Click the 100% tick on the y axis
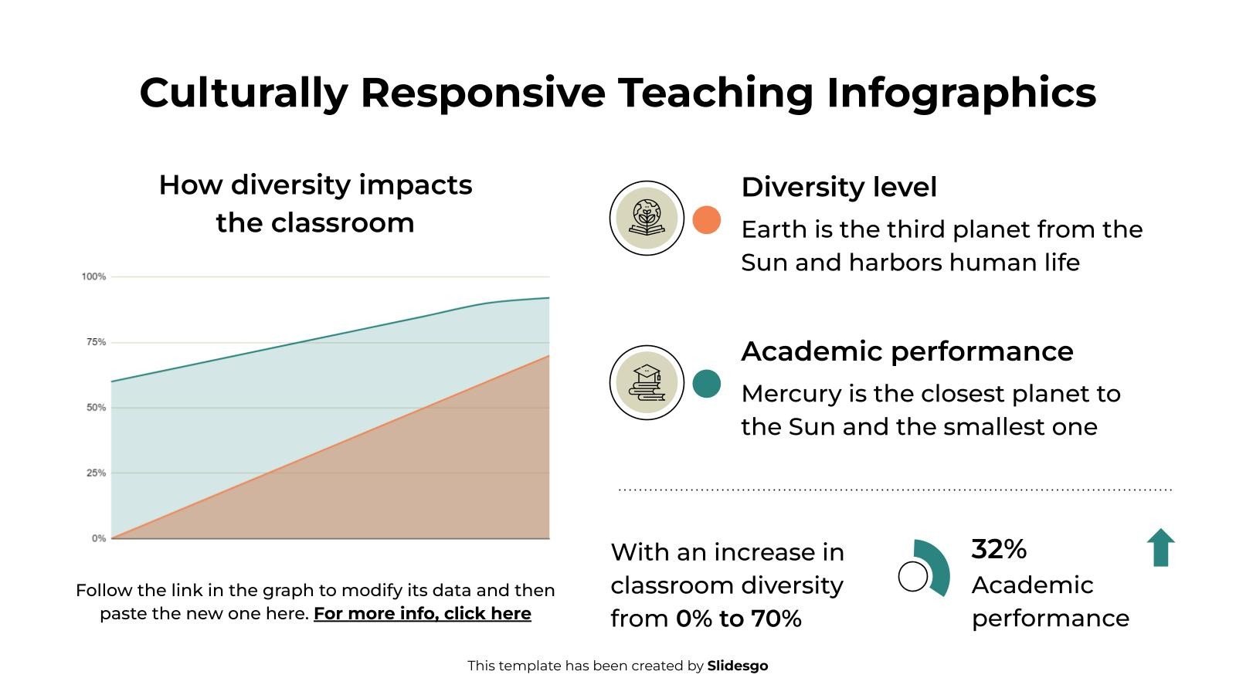click(x=93, y=276)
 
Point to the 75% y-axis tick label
click(x=96, y=342)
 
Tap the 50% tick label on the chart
click(x=96, y=407)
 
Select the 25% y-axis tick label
click(x=96, y=473)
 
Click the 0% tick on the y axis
click(x=99, y=538)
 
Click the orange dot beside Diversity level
click(x=706, y=220)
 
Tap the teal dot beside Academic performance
click(x=706, y=384)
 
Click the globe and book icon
click(x=647, y=219)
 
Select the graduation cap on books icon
click(x=647, y=382)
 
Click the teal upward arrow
click(x=1160, y=548)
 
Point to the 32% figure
click(x=999, y=549)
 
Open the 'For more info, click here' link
click(x=422, y=613)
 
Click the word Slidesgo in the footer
click(x=737, y=666)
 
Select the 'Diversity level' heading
click(x=838, y=187)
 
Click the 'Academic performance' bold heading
click(x=906, y=351)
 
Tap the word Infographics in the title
click(x=961, y=92)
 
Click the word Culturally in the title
click(x=243, y=92)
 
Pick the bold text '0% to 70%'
click(x=738, y=619)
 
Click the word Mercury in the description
click(x=791, y=394)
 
